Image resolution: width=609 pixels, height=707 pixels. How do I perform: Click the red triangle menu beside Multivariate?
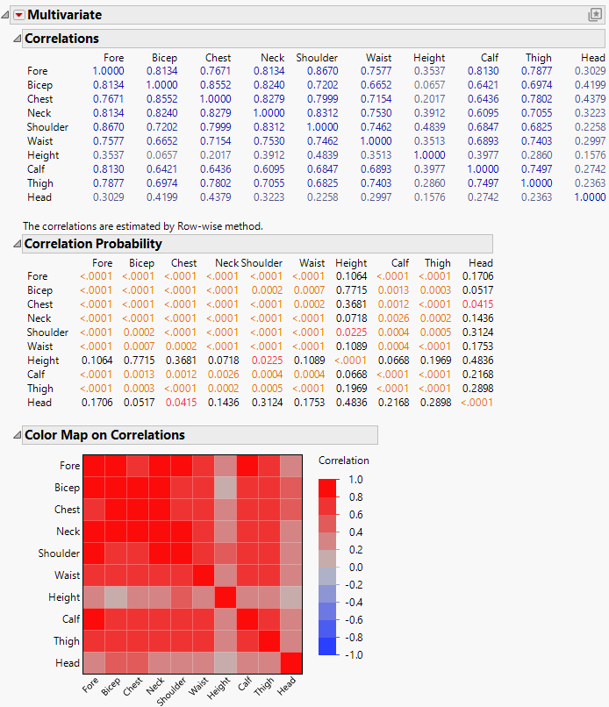[17, 15]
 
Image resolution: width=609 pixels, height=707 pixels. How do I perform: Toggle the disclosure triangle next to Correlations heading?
[15, 39]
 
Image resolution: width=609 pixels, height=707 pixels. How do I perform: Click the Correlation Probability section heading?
[93, 244]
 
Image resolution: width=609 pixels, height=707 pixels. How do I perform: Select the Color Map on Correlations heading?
[104, 435]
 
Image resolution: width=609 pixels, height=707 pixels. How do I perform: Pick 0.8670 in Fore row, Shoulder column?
[317, 71]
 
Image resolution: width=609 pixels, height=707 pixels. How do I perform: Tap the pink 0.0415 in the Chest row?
[479, 304]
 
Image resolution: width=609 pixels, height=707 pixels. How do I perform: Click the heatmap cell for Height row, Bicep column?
[117, 597]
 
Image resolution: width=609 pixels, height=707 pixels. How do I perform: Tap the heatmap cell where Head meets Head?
[291, 663]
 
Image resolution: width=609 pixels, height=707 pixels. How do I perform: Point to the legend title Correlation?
[343, 461]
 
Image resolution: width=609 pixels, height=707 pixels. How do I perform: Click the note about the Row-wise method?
[143, 225]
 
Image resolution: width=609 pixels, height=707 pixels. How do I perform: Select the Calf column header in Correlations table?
[490, 58]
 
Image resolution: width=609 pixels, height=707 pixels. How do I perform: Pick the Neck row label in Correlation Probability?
[39, 318]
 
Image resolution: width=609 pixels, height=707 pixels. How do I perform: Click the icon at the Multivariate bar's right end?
[594, 15]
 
